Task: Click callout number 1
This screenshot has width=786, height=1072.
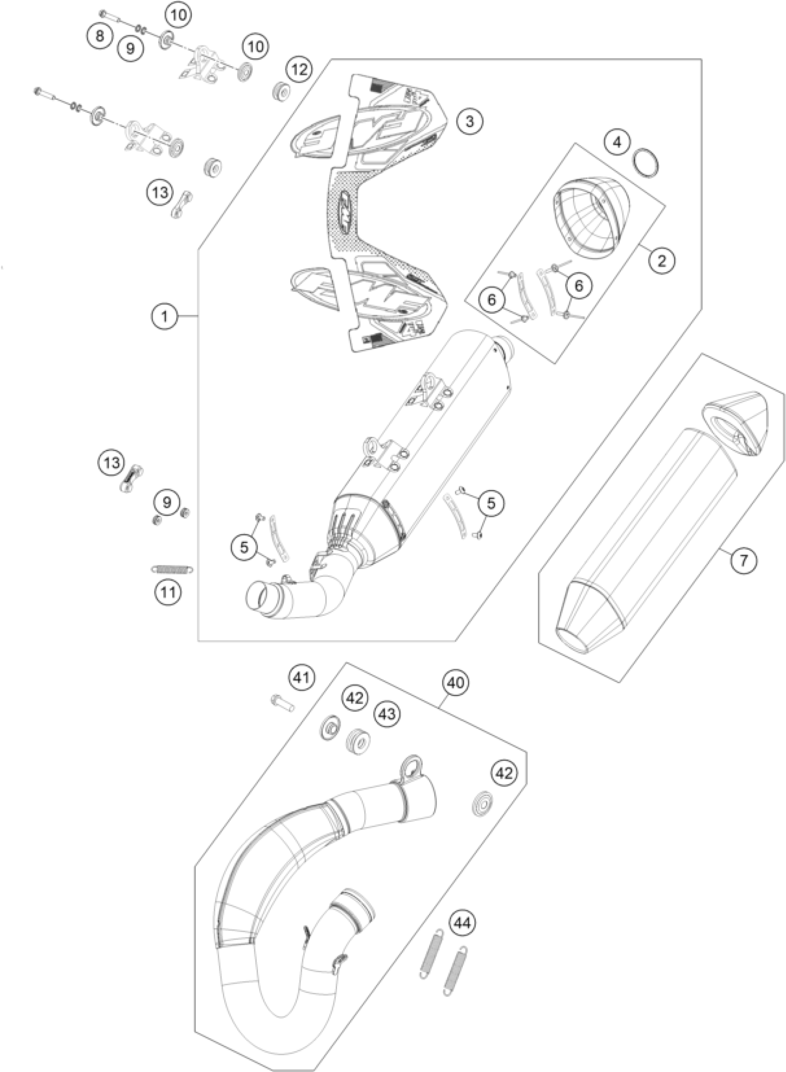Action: (165, 316)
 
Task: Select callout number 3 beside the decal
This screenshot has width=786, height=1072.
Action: (470, 121)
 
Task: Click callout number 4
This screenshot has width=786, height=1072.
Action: (618, 142)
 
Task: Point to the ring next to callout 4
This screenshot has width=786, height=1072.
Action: (648, 163)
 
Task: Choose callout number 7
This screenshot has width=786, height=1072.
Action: (743, 561)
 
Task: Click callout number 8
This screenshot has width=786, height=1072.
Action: (100, 36)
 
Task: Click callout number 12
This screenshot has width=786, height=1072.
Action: (300, 69)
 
